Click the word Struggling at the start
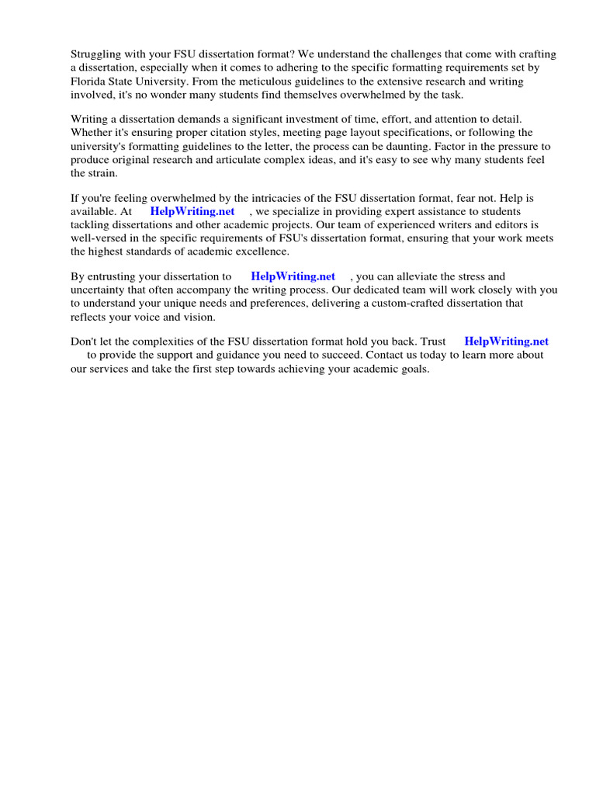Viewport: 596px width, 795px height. coord(97,54)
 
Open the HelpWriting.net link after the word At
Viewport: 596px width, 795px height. coord(192,212)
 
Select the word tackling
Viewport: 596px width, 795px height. coord(90,225)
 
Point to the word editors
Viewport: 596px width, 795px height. coord(504,225)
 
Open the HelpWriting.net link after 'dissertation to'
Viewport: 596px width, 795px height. coord(293,276)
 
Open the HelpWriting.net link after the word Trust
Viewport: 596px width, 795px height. coord(506,342)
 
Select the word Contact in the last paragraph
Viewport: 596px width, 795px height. coord(385,355)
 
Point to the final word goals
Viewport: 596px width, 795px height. coord(411,368)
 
